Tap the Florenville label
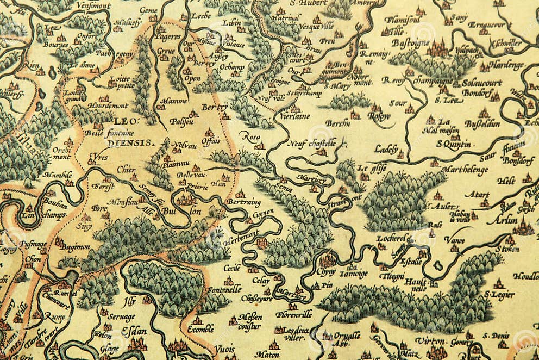pos(293,314)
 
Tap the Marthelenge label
pos(465,169)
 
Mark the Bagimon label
pos(75,247)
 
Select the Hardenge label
pos(505,65)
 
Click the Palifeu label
pos(181,121)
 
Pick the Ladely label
pos(386,148)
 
